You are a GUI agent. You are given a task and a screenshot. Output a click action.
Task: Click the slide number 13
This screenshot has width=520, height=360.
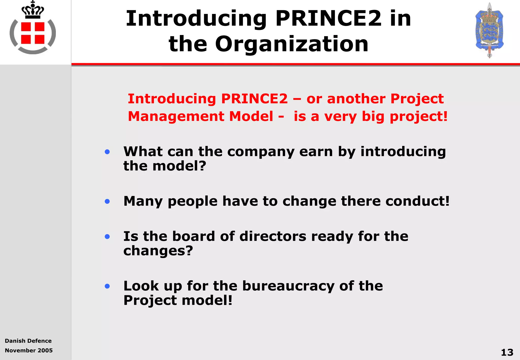coord(507,352)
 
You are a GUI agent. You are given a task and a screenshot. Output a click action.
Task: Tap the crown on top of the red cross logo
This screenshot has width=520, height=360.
coord(33,11)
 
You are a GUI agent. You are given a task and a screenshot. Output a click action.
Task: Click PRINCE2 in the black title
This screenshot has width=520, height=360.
coord(328,19)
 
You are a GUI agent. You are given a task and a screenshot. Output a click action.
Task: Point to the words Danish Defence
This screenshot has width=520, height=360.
coord(28,341)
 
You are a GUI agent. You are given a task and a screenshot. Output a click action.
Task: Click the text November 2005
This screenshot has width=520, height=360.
coord(29,351)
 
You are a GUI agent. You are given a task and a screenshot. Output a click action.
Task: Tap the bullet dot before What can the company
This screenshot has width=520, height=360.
coord(107,152)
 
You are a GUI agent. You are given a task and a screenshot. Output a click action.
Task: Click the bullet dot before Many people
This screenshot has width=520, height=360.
coord(107,202)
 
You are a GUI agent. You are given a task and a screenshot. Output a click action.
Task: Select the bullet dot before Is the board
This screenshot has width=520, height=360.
coord(107,237)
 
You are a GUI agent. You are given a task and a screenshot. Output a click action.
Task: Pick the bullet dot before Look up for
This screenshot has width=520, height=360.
coord(107,286)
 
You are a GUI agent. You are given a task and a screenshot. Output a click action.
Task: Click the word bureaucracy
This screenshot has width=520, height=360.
coord(288,286)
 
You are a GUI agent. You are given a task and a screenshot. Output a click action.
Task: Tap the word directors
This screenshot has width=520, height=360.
coord(273,237)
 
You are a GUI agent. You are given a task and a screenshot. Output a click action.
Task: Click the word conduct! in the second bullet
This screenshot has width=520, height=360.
coord(417,201)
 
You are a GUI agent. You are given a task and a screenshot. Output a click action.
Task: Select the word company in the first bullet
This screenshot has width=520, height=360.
coord(261,152)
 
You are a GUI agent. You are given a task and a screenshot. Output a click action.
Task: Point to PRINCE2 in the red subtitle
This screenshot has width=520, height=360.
coord(254,99)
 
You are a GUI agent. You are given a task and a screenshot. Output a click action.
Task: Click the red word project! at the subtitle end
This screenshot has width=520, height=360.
coord(418,117)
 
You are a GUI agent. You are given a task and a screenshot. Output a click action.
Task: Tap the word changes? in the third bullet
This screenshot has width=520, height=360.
coord(158,251)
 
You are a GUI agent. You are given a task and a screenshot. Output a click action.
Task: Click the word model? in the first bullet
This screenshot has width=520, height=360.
coord(179,166)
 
